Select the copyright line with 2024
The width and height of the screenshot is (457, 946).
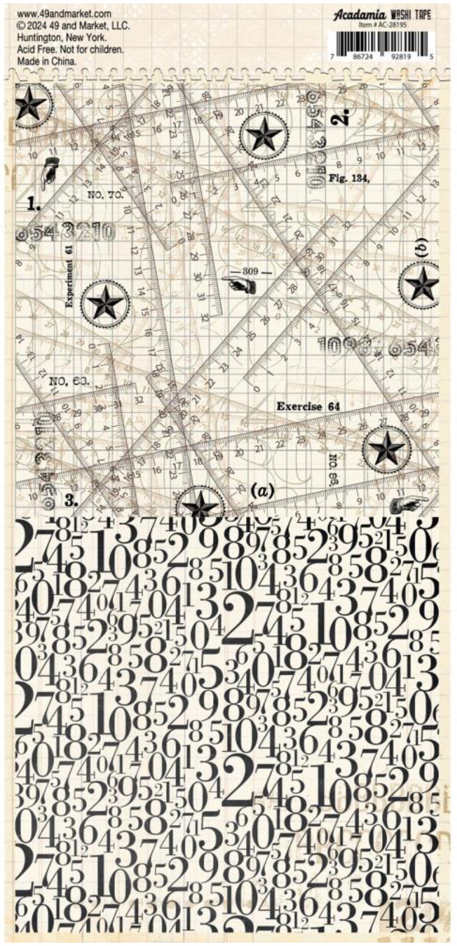73,26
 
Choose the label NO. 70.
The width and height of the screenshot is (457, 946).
106,195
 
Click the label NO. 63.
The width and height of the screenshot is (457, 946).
69,381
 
